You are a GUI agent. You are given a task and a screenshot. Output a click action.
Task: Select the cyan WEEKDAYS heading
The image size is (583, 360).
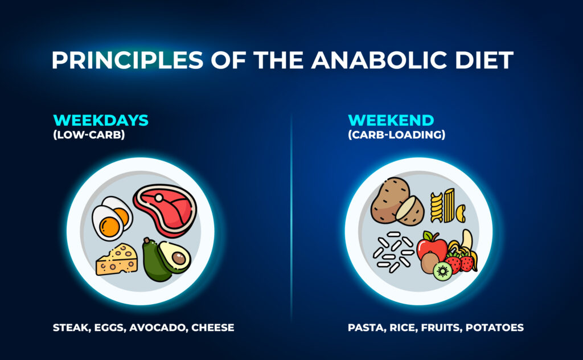point(101,121)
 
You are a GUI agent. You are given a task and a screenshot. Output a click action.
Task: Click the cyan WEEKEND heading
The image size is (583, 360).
point(391,121)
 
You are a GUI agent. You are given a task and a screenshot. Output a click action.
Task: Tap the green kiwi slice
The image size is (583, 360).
point(442,271)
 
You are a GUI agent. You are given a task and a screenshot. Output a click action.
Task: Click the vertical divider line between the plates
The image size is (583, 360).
point(291,216)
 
